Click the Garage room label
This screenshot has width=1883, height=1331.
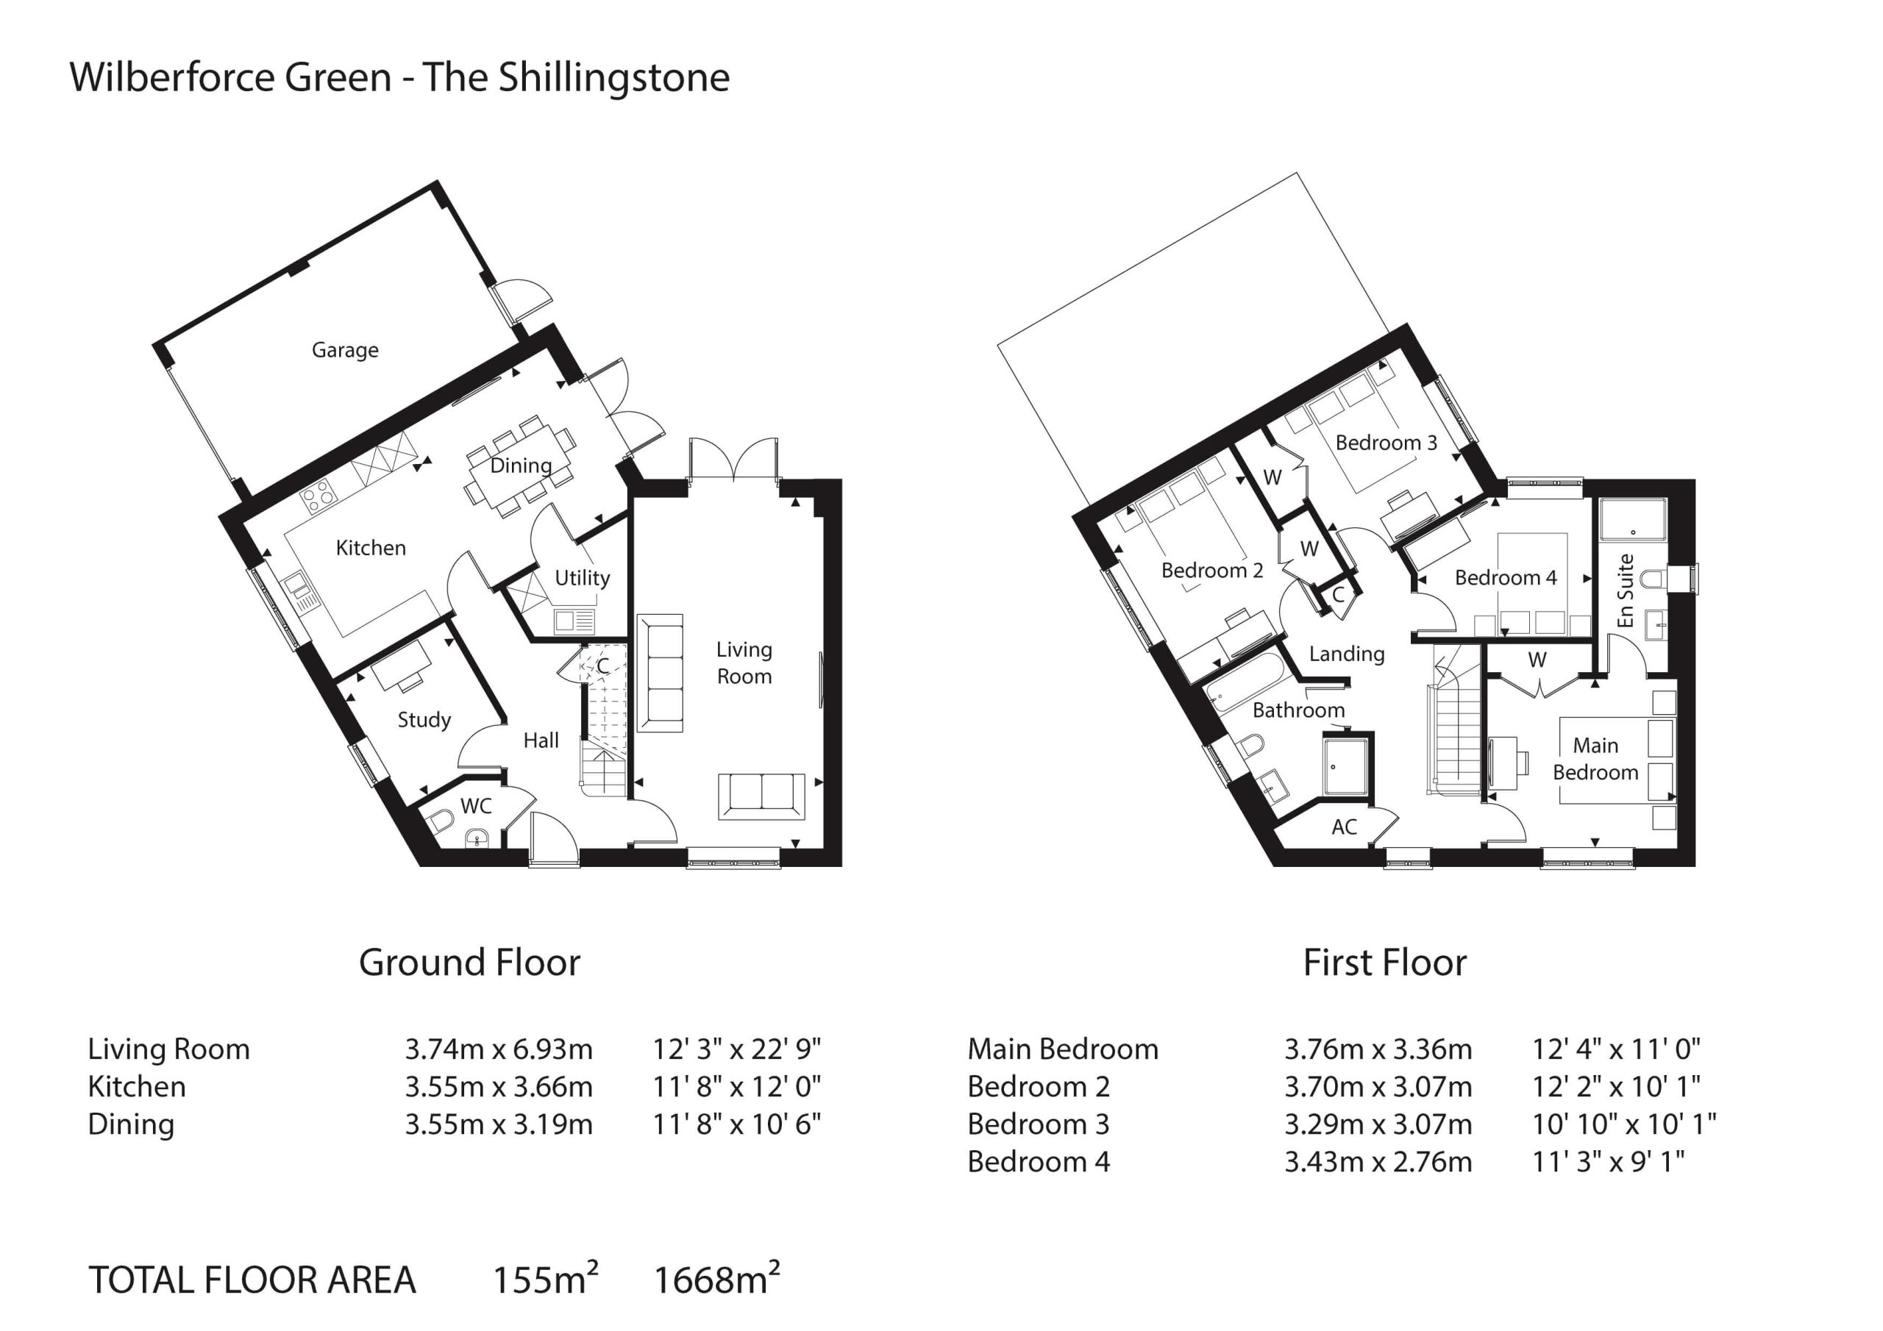click(344, 350)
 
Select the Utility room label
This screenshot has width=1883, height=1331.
click(583, 577)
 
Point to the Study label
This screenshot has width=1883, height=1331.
click(424, 719)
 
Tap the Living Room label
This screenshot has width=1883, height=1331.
click(744, 663)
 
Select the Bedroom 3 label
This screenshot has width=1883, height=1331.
click(1386, 443)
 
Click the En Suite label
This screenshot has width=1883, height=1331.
click(1626, 590)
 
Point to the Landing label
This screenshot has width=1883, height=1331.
click(1347, 654)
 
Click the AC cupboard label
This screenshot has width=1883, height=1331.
click(1344, 827)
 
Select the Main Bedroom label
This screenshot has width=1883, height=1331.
click(1595, 759)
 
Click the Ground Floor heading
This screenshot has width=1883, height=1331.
click(469, 963)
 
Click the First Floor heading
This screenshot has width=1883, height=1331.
click(1384, 963)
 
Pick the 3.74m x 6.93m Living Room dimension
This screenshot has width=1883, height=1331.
click(499, 1049)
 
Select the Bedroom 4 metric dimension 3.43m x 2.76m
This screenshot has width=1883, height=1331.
click(1378, 1162)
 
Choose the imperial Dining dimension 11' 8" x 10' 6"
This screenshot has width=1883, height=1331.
click(736, 1124)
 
